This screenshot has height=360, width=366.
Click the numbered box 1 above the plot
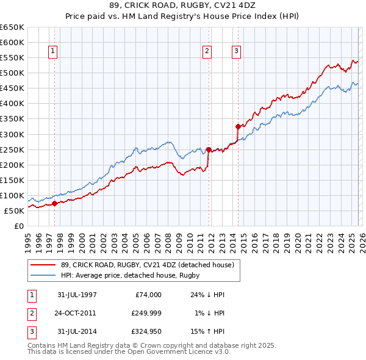pyautogui.click(x=54, y=52)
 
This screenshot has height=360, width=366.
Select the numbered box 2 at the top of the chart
pyautogui.click(x=207, y=52)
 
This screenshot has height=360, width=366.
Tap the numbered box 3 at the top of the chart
pyautogui.click(x=236, y=52)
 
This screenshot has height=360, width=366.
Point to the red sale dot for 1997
pyautogui.click(x=54, y=203)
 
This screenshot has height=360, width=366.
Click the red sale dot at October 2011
pyautogui.click(x=209, y=149)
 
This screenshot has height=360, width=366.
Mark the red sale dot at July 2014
pyautogui.click(x=238, y=126)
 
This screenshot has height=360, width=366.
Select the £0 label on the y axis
pyautogui.click(x=19, y=226)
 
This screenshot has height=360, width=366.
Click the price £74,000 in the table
pyautogui.click(x=146, y=295)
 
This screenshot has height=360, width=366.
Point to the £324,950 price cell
pyautogui.click(x=146, y=333)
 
